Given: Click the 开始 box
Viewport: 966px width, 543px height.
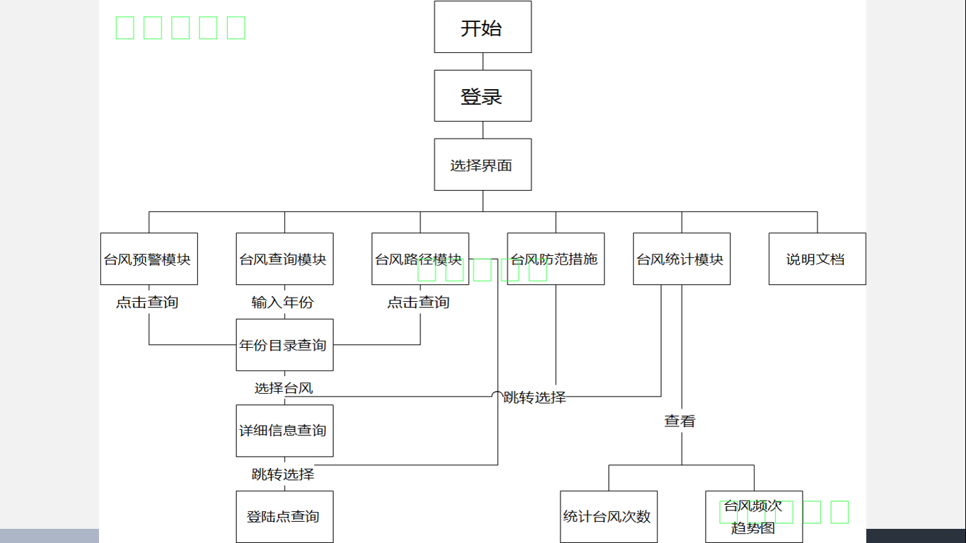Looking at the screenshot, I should pos(482,27).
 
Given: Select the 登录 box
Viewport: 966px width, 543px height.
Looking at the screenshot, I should pos(482,95).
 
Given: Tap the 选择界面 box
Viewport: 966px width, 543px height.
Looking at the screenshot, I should pos(482,165).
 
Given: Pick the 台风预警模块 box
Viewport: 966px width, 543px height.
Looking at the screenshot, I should pos(149,259).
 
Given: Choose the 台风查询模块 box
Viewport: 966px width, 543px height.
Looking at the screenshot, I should pos(284,259).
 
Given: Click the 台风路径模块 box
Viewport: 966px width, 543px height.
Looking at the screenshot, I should pos(420,259).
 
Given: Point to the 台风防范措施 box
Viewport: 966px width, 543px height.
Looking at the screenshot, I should pos(556,259).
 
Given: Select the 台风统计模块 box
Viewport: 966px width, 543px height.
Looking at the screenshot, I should pos(682,259).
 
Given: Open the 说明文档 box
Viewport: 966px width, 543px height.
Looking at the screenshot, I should pos(817,259).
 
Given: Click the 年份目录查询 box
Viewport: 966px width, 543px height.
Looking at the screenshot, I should pos(284,345).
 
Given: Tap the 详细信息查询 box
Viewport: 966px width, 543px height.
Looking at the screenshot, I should pos(284,431).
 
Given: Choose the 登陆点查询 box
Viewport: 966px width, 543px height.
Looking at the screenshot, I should pos(284,517).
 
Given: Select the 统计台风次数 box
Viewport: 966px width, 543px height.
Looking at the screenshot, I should pos(608,517).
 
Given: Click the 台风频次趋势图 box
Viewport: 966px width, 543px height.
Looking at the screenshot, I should pos(754,517).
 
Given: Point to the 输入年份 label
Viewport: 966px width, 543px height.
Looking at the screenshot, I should pos(283,303).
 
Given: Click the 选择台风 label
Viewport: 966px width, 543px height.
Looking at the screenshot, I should pos(284,388).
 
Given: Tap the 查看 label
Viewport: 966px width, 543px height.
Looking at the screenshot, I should pos(680,421).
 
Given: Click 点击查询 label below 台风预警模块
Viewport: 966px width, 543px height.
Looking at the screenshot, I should pos(148,303).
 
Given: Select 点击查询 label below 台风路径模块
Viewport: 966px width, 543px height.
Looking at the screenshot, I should pos(419,303).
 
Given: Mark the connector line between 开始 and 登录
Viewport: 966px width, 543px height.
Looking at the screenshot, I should pos(483,62).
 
